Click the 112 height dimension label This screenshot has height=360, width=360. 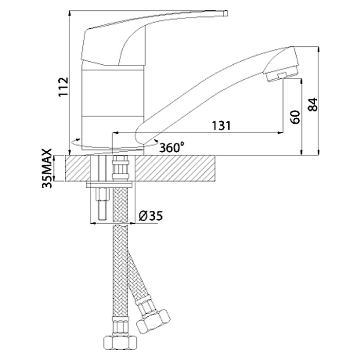[x=63, y=87]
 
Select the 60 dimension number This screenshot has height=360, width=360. [x=294, y=117]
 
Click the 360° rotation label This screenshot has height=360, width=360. [x=171, y=147]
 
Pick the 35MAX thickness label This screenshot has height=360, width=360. [x=48, y=168]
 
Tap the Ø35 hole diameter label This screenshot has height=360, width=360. [x=151, y=216]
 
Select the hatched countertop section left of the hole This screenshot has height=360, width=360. [x=77, y=169]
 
